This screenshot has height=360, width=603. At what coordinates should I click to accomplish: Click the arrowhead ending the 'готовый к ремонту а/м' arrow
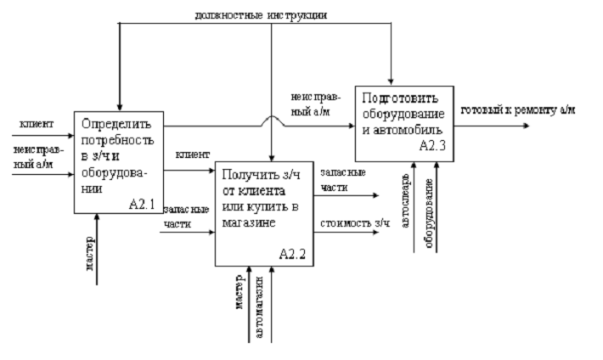(528, 126)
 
